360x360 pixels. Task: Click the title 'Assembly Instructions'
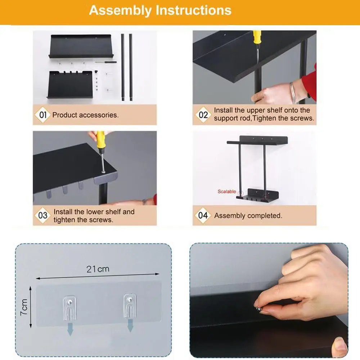160,10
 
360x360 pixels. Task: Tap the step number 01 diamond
43,114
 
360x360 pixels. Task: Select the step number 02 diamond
203,114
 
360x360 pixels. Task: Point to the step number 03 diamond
43,215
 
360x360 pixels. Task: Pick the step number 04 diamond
203,215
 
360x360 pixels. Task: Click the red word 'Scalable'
226,192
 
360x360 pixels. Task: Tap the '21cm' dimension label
98,269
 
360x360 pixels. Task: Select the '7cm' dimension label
24,307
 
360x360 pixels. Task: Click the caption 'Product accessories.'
85,115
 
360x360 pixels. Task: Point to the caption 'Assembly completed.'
248,216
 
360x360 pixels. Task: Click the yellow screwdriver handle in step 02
257,37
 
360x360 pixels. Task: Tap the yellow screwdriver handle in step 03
100,139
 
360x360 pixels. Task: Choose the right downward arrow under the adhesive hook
130,325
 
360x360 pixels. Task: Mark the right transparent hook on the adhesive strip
130,306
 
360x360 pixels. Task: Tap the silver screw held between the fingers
258,309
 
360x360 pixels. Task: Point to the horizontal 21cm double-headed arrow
98,276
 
